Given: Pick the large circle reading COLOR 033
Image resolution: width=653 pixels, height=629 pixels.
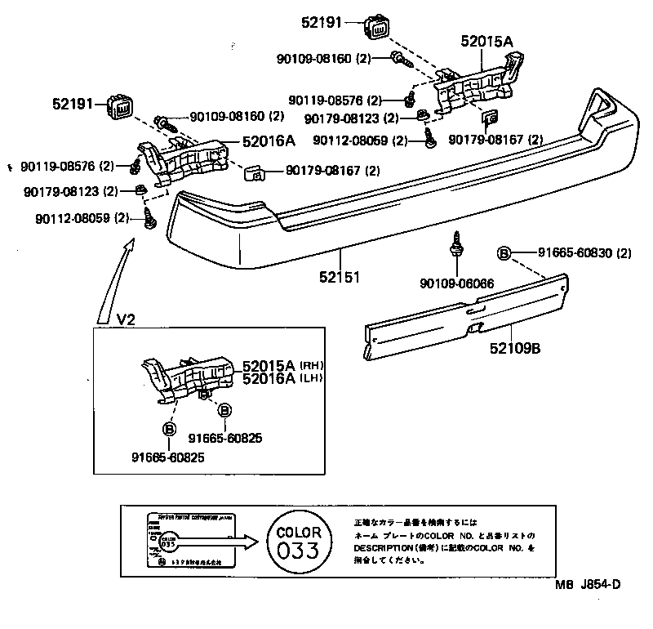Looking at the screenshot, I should (x=298, y=540).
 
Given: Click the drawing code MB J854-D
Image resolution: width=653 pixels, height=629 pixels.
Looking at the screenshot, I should (x=588, y=606).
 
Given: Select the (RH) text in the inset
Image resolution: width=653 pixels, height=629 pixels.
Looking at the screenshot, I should (x=312, y=365).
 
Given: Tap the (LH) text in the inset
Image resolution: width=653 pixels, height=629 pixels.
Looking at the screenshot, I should (x=312, y=378).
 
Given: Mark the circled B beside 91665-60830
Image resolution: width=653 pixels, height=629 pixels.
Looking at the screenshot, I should (x=505, y=253).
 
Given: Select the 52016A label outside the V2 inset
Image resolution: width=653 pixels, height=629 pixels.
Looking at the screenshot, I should (x=269, y=140).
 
